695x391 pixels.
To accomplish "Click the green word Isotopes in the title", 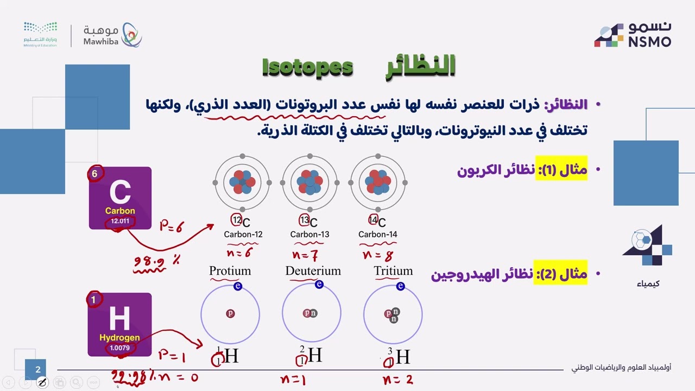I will pyautogui.click(x=307, y=67).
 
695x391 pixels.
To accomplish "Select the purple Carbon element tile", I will pyautogui.click(x=120, y=198).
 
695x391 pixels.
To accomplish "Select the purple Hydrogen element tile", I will pyautogui.click(x=119, y=324).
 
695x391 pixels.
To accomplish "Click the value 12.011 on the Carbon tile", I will pyautogui.click(x=120, y=221).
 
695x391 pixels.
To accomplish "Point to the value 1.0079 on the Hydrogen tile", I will pyautogui.click(x=119, y=348).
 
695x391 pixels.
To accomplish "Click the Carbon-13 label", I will pyautogui.click(x=309, y=235).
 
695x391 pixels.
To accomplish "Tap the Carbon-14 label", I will pyautogui.click(x=378, y=235).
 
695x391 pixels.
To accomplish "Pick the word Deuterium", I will pyautogui.click(x=313, y=271).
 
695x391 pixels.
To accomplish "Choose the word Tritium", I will pyautogui.click(x=393, y=271).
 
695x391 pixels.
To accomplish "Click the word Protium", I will pyautogui.click(x=230, y=271).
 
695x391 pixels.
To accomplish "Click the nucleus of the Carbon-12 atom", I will pyautogui.click(x=242, y=182).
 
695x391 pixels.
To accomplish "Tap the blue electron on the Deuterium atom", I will pyautogui.click(x=319, y=285).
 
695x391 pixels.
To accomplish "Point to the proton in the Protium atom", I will pyautogui.click(x=230, y=313).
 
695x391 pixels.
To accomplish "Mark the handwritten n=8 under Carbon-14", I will pyautogui.click(x=377, y=255).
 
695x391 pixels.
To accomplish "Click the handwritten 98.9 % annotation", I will pyautogui.click(x=156, y=262).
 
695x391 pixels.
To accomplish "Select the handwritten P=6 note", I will pyautogui.click(x=171, y=226).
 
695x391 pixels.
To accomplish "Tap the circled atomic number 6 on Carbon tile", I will pyautogui.click(x=95, y=174).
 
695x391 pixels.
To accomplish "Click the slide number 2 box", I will pyautogui.click(x=38, y=370).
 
